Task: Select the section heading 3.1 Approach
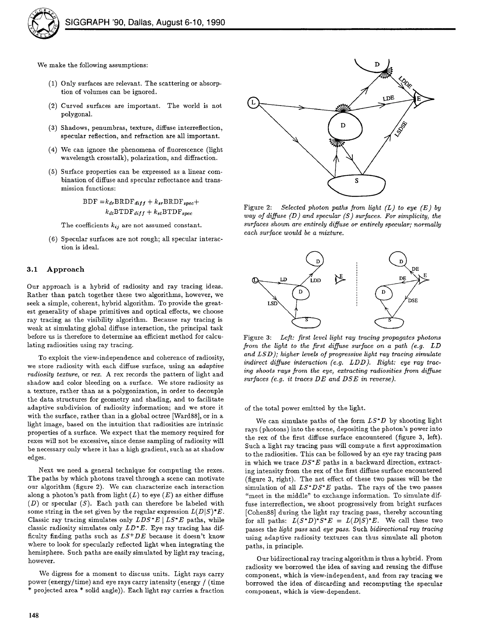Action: (x=55, y=269)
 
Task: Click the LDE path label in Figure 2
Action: (x=388, y=98)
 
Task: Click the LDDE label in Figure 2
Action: (x=405, y=82)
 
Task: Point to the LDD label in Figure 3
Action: (x=315, y=281)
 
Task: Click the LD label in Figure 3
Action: (x=283, y=279)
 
